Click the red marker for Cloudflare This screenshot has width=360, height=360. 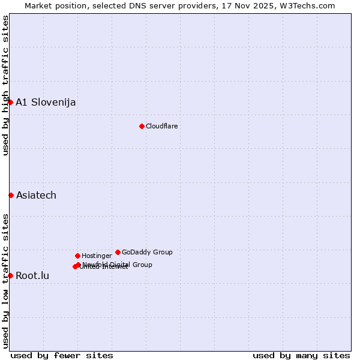[142, 126]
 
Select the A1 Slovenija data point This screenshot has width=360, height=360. [10, 102]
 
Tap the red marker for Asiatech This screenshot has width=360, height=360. [11, 195]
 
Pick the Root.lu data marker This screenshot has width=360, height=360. [10, 275]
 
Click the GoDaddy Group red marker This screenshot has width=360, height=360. [118, 252]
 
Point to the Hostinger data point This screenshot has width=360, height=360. [77, 256]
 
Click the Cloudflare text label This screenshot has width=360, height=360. [161, 126]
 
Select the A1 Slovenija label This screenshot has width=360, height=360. [46, 102]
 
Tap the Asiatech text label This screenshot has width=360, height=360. [36, 195]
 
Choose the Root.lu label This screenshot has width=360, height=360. [32, 275]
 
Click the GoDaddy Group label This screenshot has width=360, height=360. [147, 252]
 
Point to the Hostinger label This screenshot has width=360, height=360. [97, 256]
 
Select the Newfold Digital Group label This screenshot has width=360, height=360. [118, 264]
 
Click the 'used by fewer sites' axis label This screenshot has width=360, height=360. [62, 355]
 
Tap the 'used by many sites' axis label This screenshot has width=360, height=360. [301, 355]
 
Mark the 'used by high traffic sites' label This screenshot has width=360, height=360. [5, 85]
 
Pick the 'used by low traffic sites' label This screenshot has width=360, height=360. [5, 281]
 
